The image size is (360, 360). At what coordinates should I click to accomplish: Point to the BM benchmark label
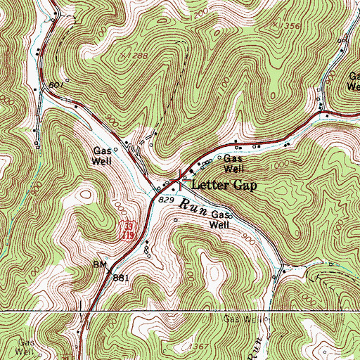(99, 266)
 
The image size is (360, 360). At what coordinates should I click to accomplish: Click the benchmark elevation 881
(122, 277)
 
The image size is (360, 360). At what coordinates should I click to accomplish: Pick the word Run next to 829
(191, 207)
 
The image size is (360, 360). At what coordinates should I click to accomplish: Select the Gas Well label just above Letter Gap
(233, 163)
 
